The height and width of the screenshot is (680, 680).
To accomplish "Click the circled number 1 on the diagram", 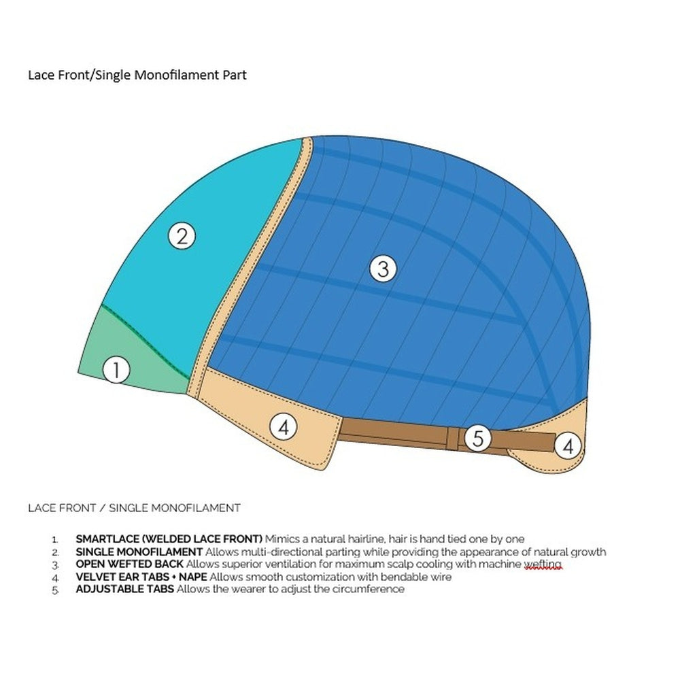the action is click(116, 370).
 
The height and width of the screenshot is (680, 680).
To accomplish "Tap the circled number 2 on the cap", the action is click(182, 236).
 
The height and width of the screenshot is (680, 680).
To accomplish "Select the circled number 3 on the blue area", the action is click(383, 269).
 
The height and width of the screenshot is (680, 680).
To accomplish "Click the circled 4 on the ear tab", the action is click(283, 427).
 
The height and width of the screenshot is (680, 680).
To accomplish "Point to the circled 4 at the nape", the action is click(568, 446).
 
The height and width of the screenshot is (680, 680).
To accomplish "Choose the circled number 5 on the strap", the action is click(477, 438).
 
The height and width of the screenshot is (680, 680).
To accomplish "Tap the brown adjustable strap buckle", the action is click(452, 438).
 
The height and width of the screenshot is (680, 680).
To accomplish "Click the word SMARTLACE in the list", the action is click(107, 539).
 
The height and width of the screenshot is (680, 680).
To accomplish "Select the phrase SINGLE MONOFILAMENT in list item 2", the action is click(139, 552).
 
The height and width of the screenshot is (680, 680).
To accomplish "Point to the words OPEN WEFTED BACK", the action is click(129, 564).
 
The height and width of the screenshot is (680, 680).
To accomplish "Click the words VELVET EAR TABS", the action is click(122, 577).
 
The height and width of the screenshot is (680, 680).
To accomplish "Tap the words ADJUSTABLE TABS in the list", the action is click(125, 589).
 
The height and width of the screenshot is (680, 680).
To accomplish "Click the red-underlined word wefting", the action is click(543, 564).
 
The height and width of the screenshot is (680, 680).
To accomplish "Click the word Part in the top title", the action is click(235, 75).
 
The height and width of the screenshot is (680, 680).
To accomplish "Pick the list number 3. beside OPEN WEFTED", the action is click(55, 566).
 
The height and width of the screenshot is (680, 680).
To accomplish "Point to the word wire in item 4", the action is click(441, 577).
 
